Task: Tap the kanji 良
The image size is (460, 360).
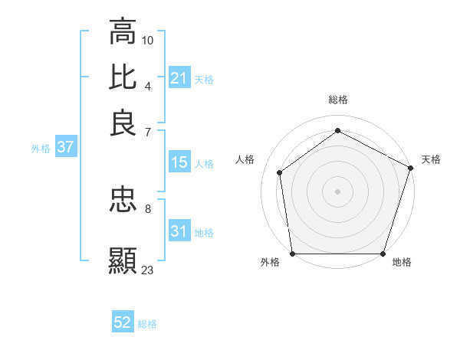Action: tap(123, 123)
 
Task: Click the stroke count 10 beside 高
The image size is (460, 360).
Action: tap(148, 39)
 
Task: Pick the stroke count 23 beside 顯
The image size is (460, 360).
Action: tap(148, 270)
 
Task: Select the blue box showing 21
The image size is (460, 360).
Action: tap(179, 77)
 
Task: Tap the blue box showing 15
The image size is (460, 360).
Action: tap(179, 162)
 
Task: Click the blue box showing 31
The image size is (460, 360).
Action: tap(179, 231)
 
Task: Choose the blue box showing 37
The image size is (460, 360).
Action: tap(65, 147)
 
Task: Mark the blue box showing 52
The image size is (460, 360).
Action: tap(123, 322)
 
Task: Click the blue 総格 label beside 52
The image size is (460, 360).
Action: tap(147, 324)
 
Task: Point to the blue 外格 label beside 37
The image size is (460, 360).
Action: tap(41, 149)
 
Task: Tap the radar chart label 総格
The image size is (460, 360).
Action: tap(338, 100)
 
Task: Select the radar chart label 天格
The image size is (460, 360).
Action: tap(431, 159)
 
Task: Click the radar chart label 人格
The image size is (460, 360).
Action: tap(245, 159)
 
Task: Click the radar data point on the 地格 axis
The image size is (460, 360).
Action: tap(383, 254)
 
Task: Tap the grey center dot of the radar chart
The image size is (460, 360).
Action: tap(338, 191)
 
